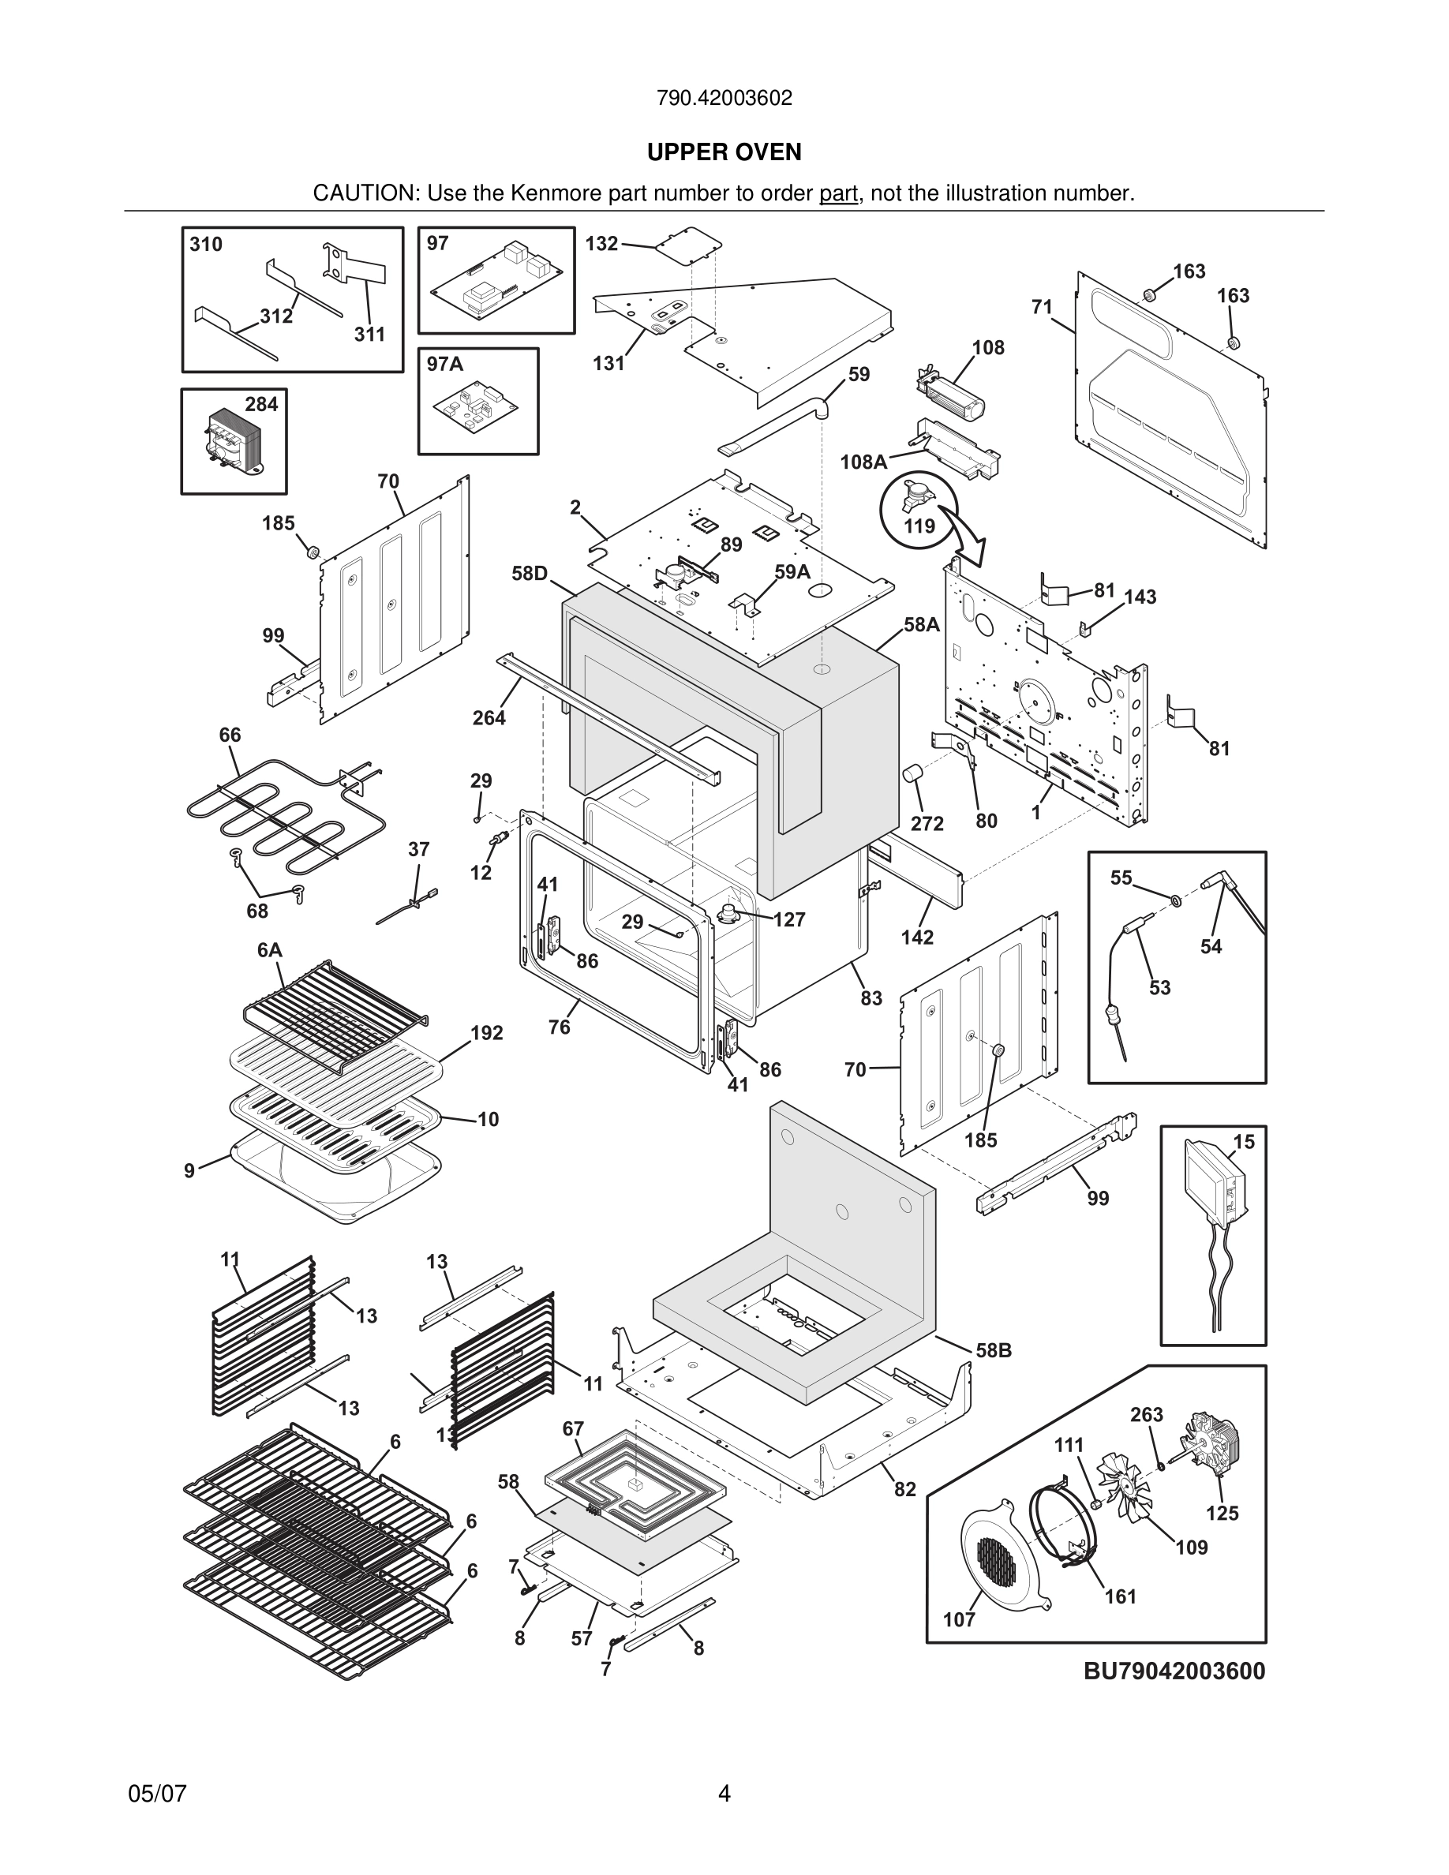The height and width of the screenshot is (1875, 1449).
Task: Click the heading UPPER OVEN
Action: [x=724, y=152]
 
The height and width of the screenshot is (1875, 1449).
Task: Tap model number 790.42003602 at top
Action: [x=724, y=98]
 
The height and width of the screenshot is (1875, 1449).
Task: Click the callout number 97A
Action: [x=444, y=364]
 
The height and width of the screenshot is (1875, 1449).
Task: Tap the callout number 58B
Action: [x=993, y=1350]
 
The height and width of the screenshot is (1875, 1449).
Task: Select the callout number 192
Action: [x=487, y=1033]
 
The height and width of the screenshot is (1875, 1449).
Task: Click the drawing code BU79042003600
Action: [x=1174, y=1671]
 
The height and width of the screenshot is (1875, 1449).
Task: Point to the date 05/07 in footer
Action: [x=157, y=1794]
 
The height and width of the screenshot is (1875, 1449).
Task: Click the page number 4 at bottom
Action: [x=724, y=1794]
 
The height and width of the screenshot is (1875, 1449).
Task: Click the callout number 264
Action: [x=489, y=717]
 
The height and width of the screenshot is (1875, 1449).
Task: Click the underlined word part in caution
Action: [x=838, y=194]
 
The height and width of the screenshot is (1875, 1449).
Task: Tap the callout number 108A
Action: [x=863, y=462]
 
